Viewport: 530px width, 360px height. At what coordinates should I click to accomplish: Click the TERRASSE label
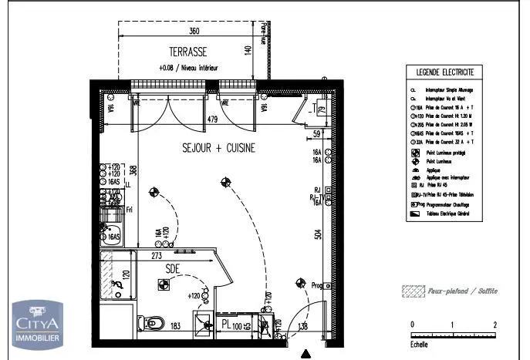point(188,52)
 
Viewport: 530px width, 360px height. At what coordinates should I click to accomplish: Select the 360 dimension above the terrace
point(194,32)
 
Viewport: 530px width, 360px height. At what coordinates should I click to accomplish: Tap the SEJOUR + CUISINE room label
point(218,147)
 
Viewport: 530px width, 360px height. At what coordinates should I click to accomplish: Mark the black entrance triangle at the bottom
point(307,354)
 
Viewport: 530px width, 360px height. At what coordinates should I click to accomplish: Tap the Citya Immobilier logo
point(35,322)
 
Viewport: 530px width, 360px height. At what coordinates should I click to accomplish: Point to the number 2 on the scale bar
point(494,324)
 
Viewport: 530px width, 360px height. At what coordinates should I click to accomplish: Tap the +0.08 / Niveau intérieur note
point(188,68)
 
